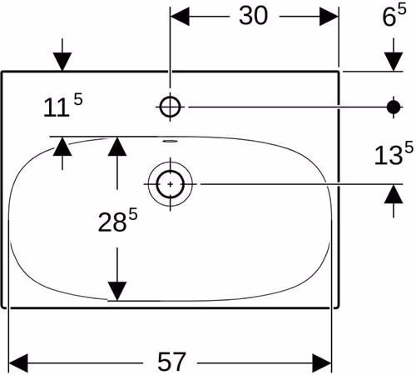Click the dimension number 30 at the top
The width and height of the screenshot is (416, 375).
pyautogui.click(x=253, y=16)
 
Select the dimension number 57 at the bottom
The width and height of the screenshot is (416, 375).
pyautogui.click(x=171, y=362)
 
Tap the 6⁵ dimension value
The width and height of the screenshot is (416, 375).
pyautogui.click(x=394, y=15)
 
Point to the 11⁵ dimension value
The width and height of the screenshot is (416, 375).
pyautogui.click(x=63, y=105)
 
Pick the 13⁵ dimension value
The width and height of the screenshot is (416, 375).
pyautogui.click(x=394, y=154)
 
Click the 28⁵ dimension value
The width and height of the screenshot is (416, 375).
pyautogui.click(x=117, y=220)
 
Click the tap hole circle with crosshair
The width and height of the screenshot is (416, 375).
pyautogui.click(x=170, y=107)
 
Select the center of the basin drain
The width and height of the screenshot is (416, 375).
pyautogui.click(x=171, y=184)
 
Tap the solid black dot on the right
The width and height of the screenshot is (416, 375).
pyautogui.click(x=394, y=107)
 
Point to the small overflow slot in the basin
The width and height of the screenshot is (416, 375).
pyautogui.click(x=170, y=141)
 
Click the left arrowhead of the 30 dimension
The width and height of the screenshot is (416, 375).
pyautogui.click(x=180, y=17)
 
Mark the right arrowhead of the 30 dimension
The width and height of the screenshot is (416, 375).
pyautogui.click(x=329, y=17)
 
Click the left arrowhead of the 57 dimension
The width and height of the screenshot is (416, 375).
pyautogui.click(x=18, y=363)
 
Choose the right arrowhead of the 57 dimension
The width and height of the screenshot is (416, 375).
pyautogui.click(x=322, y=363)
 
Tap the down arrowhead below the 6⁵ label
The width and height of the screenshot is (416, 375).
pyautogui.click(x=394, y=62)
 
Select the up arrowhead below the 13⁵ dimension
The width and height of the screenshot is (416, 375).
pyautogui.click(x=394, y=194)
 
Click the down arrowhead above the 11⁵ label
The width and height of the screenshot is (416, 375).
pyautogui.click(x=62, y=62)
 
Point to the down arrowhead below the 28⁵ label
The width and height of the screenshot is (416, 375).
pyautogui.click(x=117, y=291)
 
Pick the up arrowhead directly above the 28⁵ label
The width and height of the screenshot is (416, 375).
pyautogui.click(x=117, y=147)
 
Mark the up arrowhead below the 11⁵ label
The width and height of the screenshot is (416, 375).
pyautogui.click(x=62, y=147)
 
